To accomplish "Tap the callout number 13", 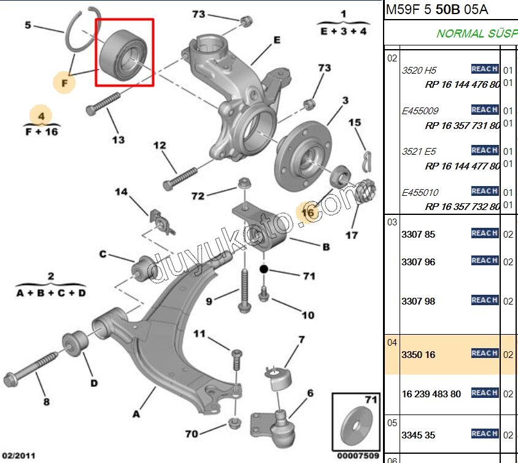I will point(118,140).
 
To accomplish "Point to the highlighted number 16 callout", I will point(307,212).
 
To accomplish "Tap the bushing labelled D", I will point(75,342).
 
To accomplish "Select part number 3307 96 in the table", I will point(418,262).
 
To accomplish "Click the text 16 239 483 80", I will point(431,394).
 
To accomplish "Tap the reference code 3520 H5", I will point(419,70).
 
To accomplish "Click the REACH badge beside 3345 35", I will point(484,434).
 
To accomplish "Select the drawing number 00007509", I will point(358,455).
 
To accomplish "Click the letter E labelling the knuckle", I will point(277,40).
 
